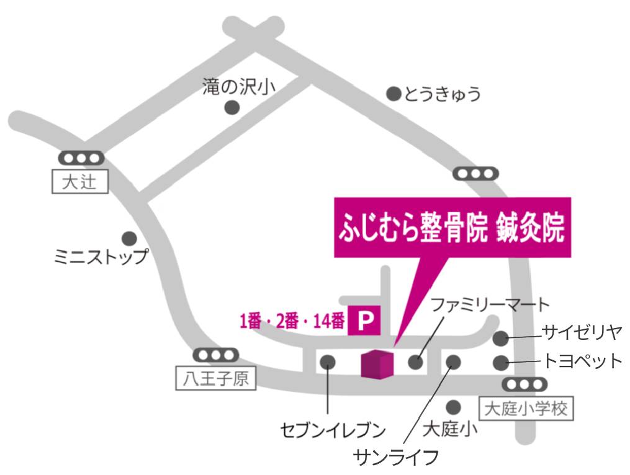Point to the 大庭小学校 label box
526,408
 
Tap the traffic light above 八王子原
215,355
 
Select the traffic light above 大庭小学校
524,384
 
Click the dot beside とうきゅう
394,94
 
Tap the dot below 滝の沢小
232,107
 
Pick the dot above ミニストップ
129,238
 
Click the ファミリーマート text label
490,304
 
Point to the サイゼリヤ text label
581,332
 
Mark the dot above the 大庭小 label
454,407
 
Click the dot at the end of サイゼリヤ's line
500,339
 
